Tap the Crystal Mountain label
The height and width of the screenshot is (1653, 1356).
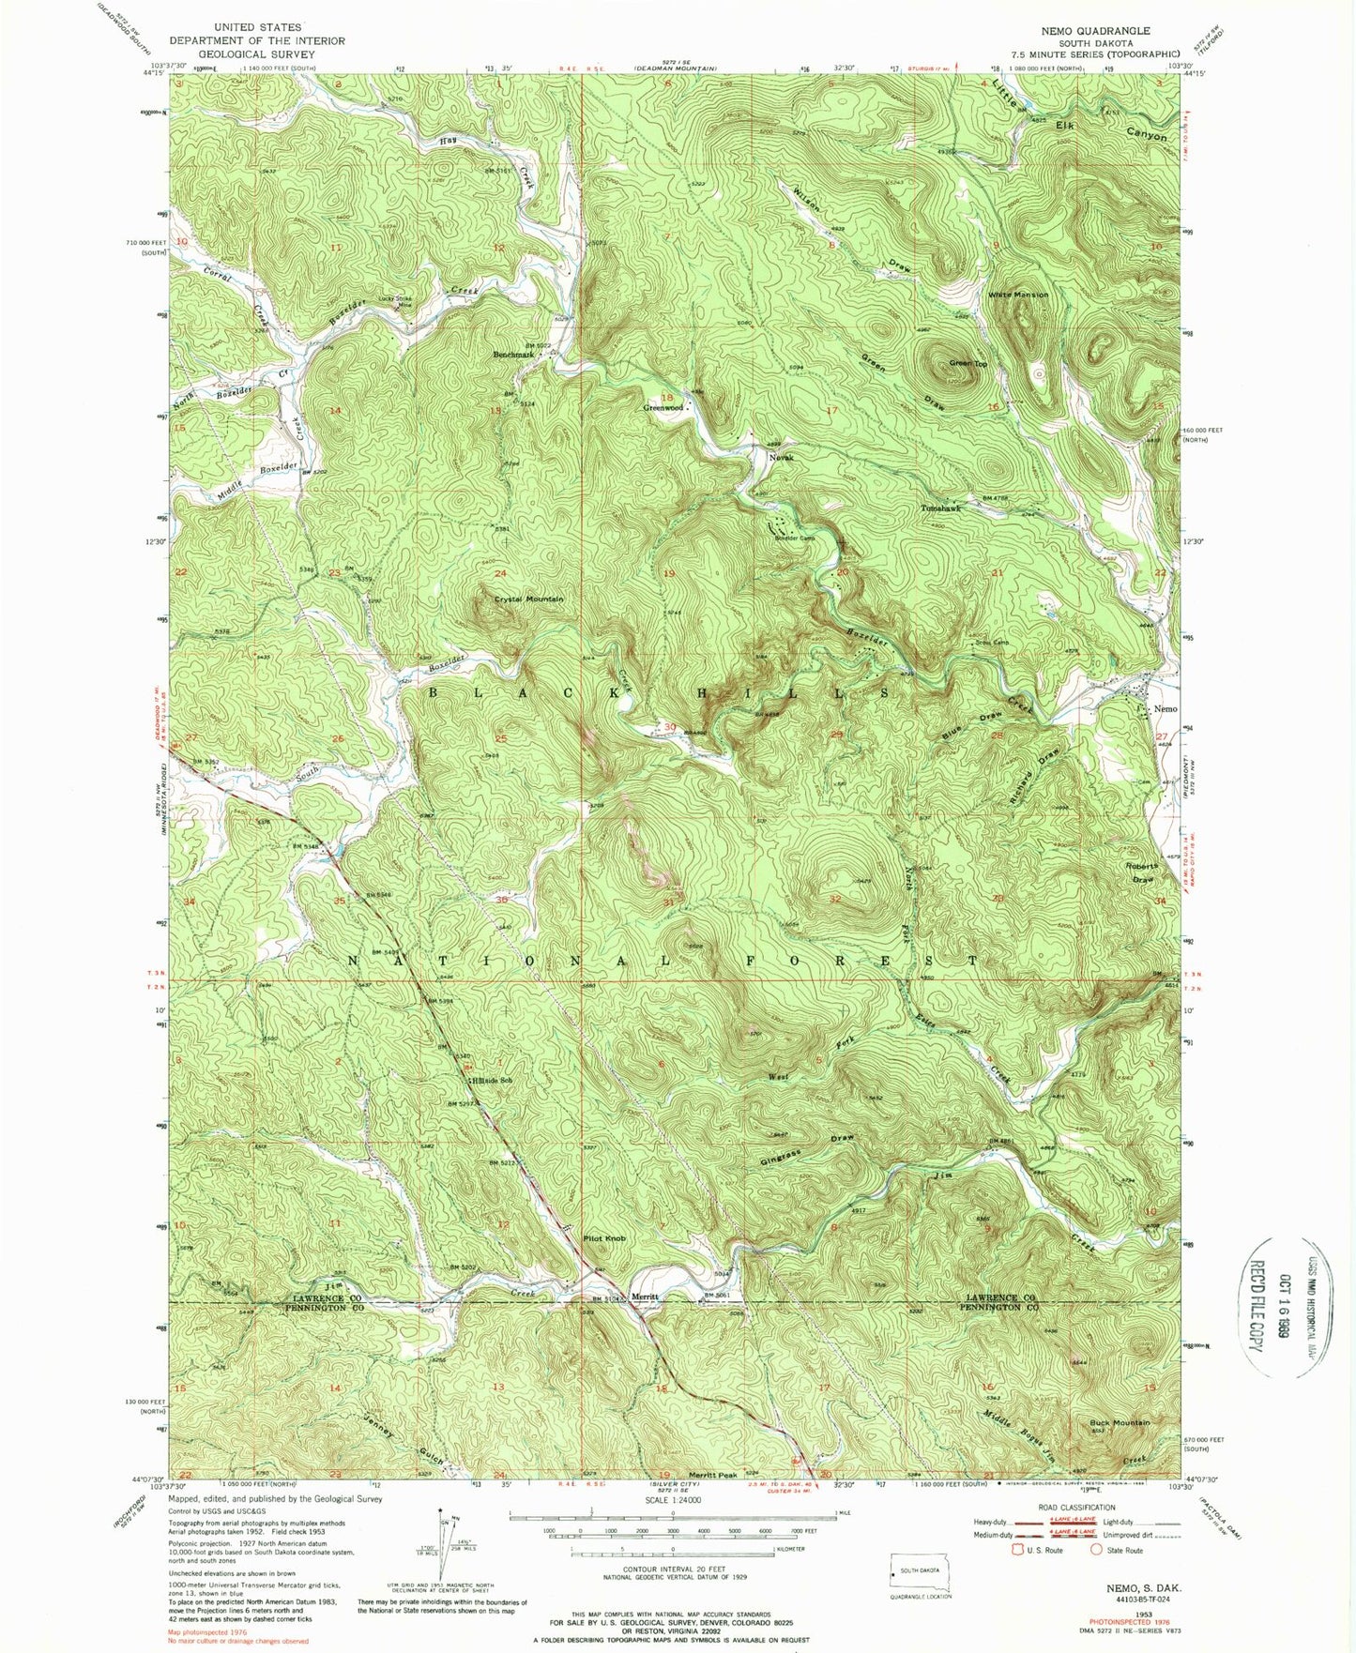click(x=529, y=599)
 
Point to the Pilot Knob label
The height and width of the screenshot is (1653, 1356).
click(x=604, y=1238)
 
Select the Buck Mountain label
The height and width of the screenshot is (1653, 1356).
click(x=1119, y=1422)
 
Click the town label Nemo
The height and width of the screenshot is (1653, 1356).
click(x=1165, y=709)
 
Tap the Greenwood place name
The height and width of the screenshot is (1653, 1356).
click(x=663, y=408)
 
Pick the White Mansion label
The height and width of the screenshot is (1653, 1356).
click(x=1017, y=295)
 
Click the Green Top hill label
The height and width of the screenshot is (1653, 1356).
click(x=967, y=363)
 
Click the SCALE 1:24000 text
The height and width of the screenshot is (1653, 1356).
click(x=672, y=1526)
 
